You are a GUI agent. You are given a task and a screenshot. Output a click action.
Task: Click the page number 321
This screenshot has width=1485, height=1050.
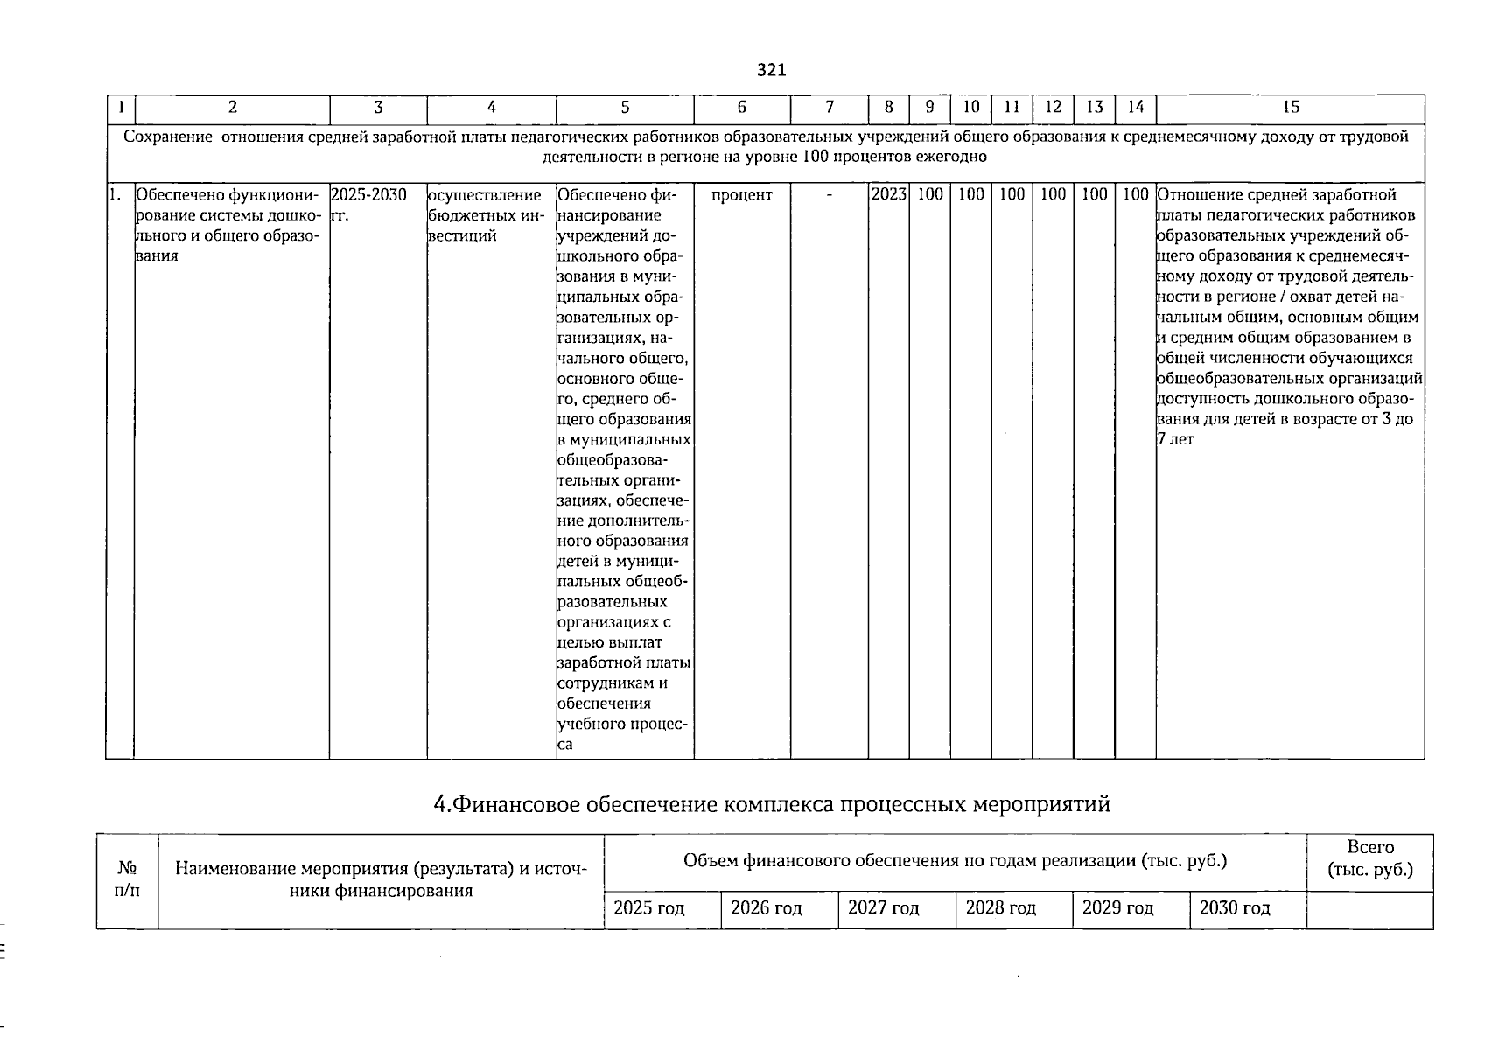771,70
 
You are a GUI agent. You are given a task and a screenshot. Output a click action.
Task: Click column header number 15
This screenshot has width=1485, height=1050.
1290,107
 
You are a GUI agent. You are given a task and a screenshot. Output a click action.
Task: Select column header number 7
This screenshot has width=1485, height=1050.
829,107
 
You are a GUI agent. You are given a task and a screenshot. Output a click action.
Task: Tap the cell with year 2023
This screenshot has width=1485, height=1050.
888,194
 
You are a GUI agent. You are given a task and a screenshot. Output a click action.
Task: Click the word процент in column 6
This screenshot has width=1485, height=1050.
741,194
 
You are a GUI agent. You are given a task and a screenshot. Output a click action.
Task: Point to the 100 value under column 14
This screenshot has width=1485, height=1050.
1135,194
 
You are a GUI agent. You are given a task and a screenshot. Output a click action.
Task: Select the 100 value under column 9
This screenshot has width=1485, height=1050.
929,194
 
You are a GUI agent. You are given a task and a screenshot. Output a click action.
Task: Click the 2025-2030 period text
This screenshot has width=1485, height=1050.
368,194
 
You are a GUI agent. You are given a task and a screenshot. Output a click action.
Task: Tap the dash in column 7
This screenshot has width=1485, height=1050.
829,194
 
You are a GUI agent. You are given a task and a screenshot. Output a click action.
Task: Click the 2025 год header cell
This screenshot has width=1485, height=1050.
648,908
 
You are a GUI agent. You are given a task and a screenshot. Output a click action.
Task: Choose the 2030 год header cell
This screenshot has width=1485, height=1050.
1234,908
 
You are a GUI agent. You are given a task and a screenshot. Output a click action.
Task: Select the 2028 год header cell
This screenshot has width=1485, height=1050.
1000,908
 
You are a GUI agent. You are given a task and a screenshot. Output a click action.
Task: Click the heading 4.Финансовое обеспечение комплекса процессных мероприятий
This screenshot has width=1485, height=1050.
771,803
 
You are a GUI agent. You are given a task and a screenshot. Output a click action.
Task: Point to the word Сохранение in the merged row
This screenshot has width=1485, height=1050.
168,136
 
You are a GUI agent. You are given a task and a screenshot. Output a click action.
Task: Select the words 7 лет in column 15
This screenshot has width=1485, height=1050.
1175,439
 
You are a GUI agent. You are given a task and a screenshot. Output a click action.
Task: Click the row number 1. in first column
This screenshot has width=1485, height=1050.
115,194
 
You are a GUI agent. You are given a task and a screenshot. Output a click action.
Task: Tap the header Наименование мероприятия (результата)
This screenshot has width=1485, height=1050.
380,869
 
